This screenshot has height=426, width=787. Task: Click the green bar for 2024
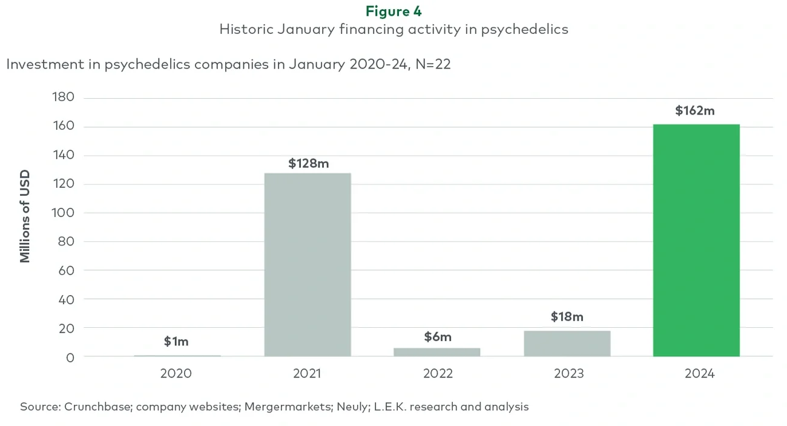click(696, 240)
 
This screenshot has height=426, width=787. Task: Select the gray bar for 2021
click(308, 265)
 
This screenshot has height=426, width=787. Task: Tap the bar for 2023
click(567, 344)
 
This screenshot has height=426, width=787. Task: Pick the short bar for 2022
click(437, 352)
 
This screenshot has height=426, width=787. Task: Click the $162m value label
click(695, 111)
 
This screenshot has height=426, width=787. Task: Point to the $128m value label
click(308, 163)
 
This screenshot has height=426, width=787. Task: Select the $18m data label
click(567, 317)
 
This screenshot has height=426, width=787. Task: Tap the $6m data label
click(437, 337)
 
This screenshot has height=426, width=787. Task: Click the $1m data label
click(176, 341)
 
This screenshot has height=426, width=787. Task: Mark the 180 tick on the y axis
click(63, 98)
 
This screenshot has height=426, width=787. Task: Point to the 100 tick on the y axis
click(63, 213)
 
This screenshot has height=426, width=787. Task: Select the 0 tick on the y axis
click(70, 357)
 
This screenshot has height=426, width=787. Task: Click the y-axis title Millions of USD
click(25, 216)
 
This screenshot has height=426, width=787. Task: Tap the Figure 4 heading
click(393, 11)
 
